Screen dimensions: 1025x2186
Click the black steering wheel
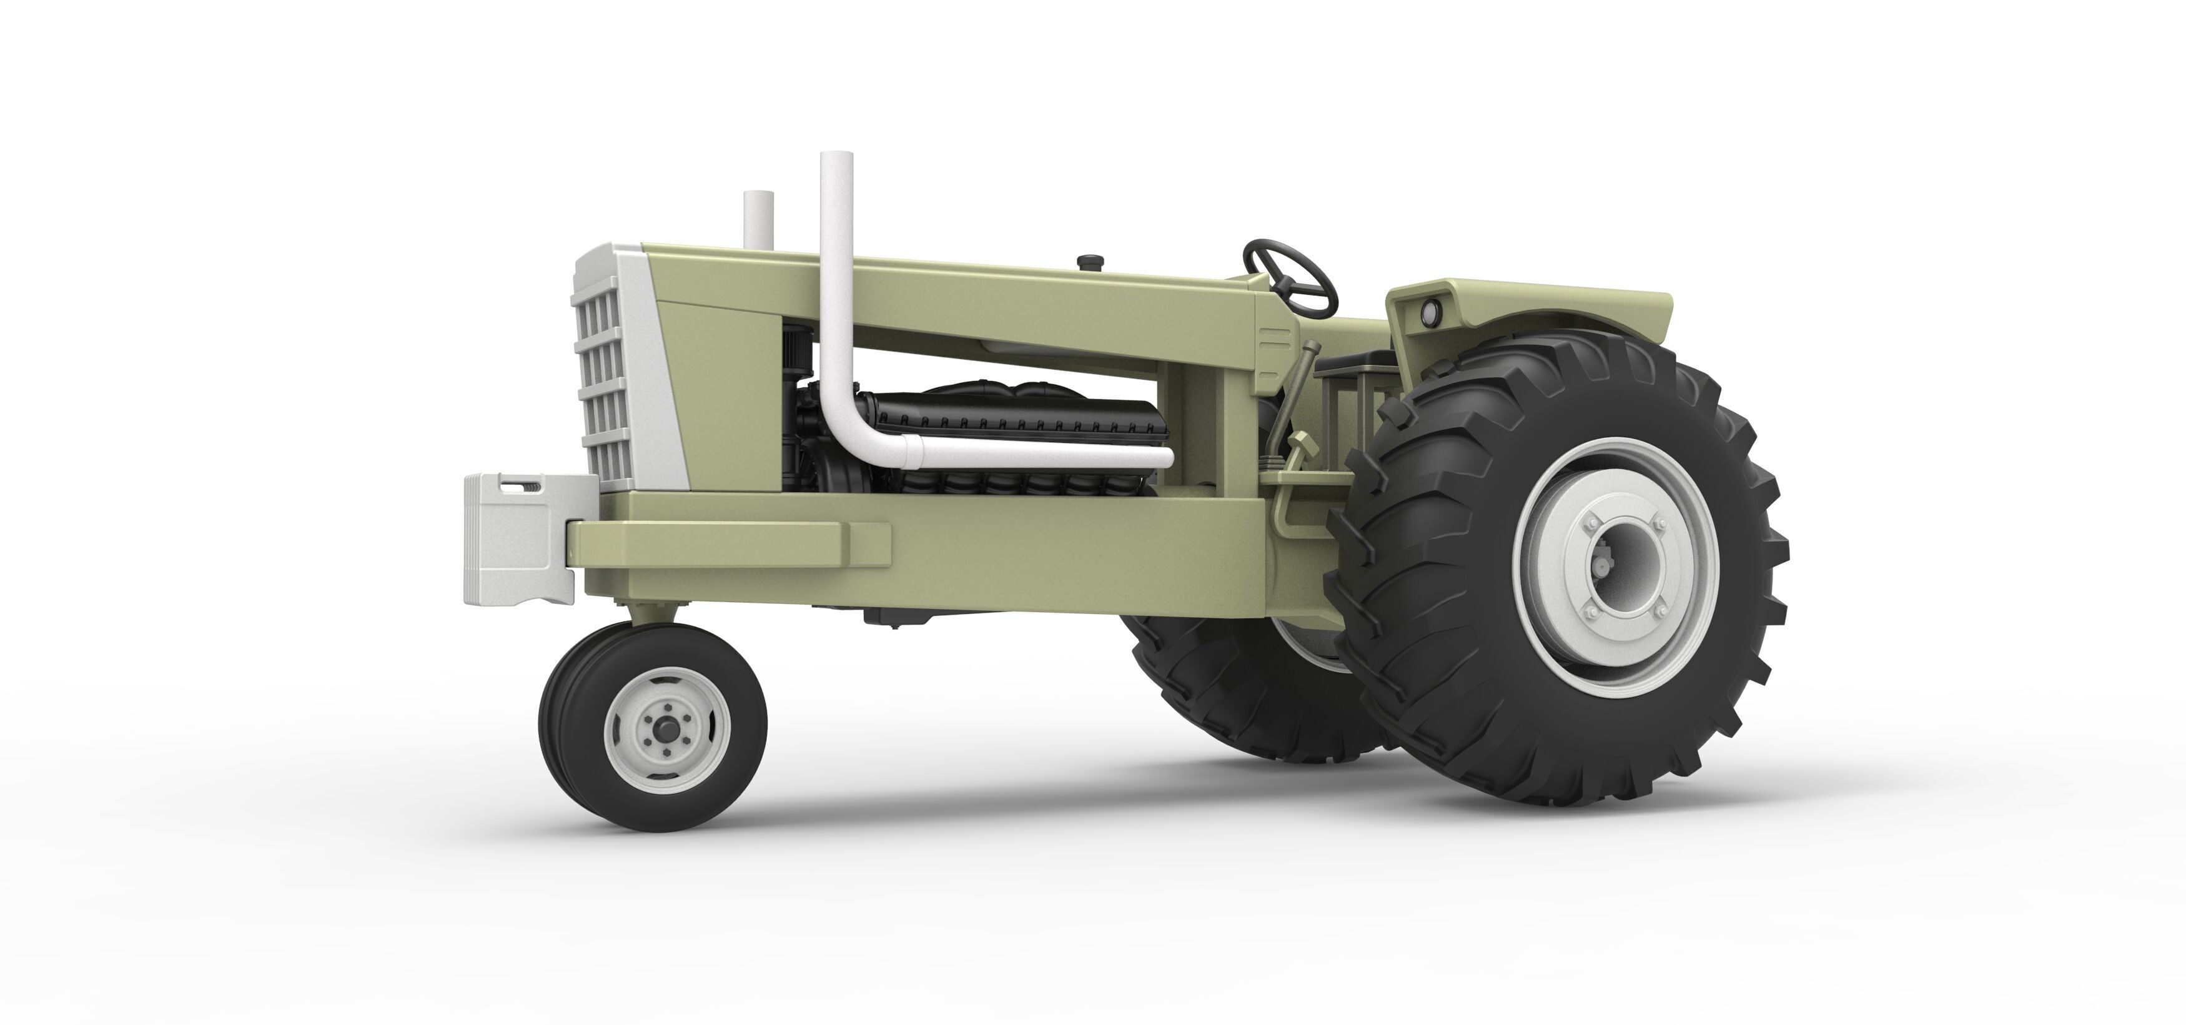[x=1289, y=273]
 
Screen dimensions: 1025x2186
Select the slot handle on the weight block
[x=518, y=486]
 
